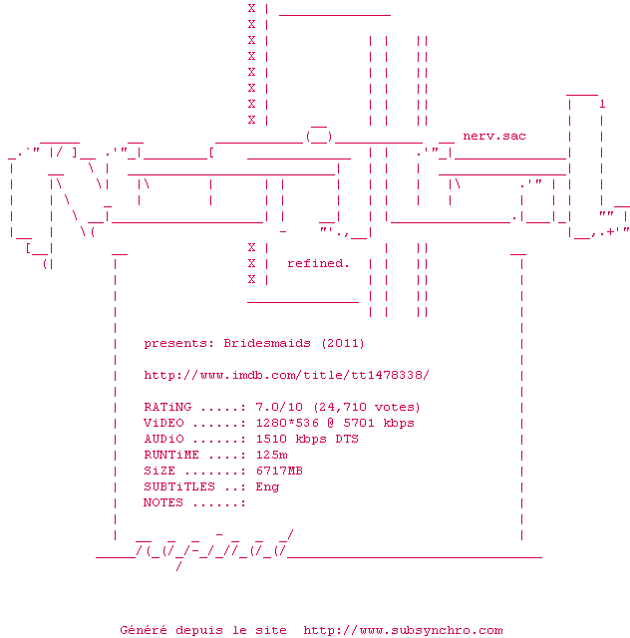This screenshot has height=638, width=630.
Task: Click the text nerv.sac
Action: pos(494,136)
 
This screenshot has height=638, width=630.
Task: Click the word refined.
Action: pos(318,263)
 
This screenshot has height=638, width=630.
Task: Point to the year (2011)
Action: pos(342,343)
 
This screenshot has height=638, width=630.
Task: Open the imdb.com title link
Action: pos(286,375)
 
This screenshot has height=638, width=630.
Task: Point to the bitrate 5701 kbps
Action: pos(379,423)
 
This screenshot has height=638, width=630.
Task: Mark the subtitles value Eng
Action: pos(267,486)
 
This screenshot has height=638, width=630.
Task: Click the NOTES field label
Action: pos(163,502)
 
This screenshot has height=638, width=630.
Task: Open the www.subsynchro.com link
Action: pos(403,630)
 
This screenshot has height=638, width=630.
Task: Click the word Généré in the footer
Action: pos(144,630)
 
